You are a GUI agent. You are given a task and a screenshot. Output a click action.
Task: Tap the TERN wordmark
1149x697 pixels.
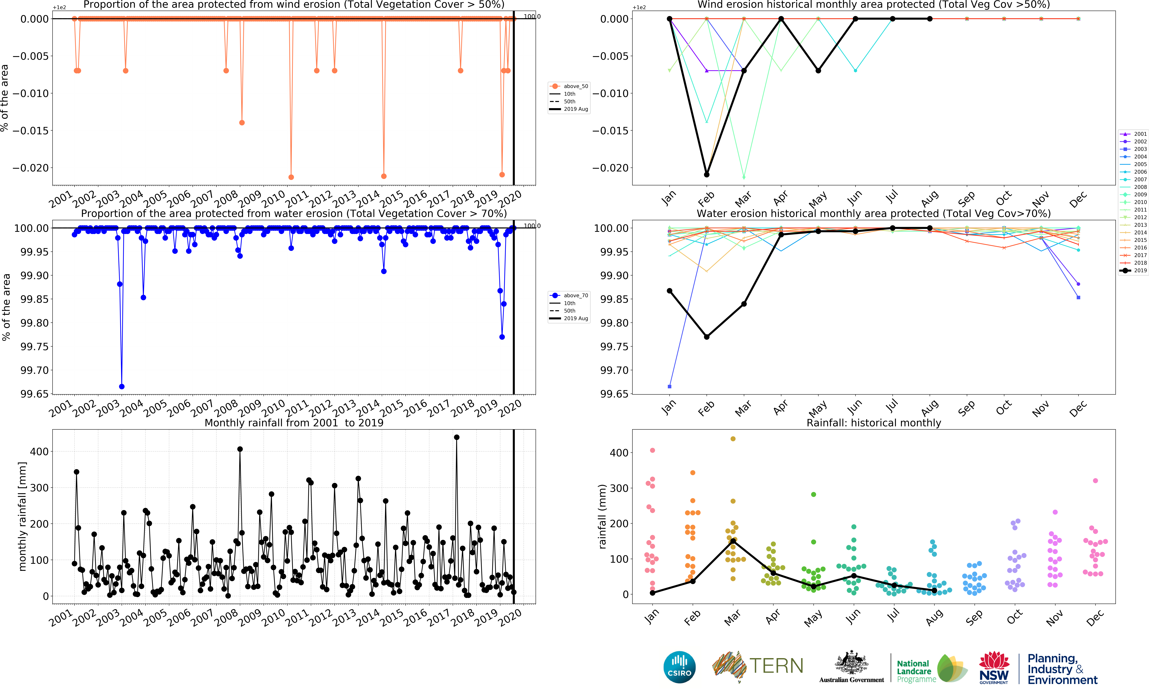pyautogui.click(x=776, y=666)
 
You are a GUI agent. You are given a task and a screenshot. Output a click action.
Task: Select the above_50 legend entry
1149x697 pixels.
pyautogui.click(x=569, y=86)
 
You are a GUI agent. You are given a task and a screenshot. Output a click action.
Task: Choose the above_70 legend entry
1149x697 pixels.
pyautogui.click(x=569, y=295)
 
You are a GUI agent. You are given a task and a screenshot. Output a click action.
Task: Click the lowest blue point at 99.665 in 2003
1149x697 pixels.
pyautogui.click(x=122, y=386)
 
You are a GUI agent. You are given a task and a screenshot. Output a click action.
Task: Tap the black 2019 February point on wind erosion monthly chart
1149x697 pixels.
pyautogui.click(x=706, y=174)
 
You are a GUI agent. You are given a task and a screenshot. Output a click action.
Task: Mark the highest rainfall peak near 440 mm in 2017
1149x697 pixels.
pyautogui.click(x=457, y=437)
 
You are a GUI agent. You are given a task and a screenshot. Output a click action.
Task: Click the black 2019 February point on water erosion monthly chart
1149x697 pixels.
pyautogui.click(x=706, y=337)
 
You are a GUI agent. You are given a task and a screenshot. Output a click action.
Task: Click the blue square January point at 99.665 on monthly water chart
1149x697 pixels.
pyautogui.click(x=670, y=386)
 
